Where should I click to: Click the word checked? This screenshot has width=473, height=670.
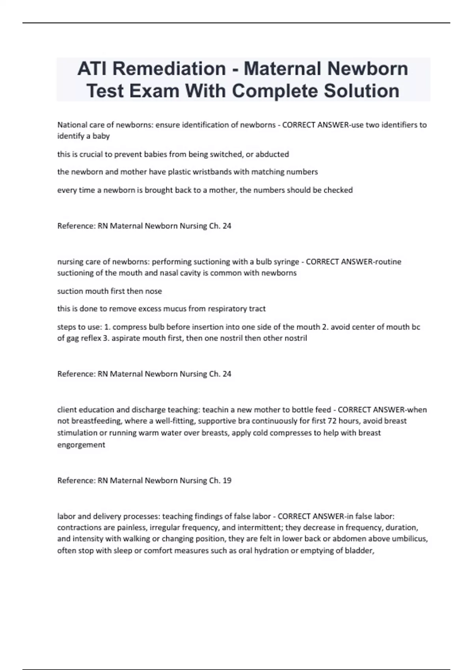[x=338, y=190]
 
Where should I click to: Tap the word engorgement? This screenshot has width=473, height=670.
[x=81, y=445]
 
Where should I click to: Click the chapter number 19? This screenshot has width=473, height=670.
[x=227, y=480]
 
